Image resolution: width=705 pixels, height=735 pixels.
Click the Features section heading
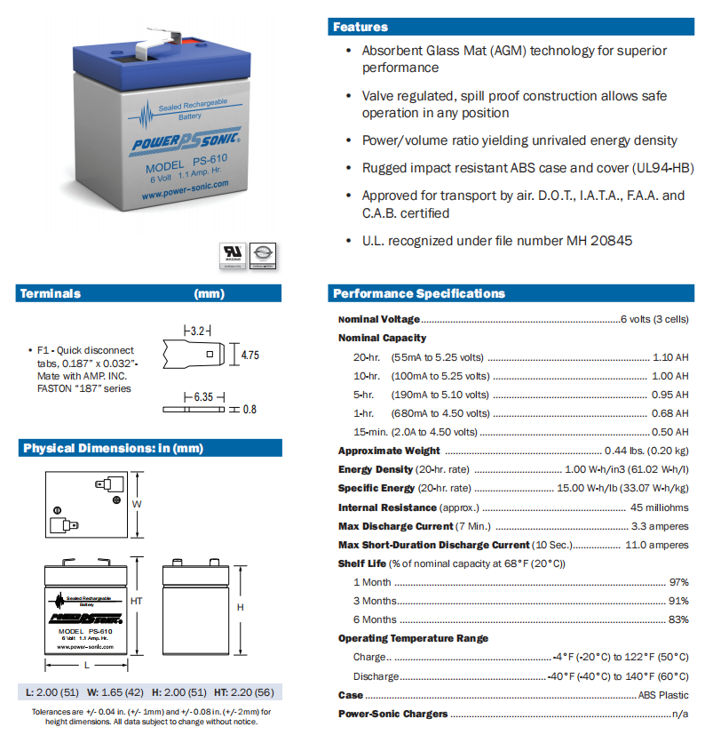point(360,27)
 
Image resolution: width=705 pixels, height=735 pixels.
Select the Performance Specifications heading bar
point(418,293)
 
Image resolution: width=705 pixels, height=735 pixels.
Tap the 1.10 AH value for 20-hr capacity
point(669,356)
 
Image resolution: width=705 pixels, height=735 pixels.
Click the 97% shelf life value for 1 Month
point(678,582)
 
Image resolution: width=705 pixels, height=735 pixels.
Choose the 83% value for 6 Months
point(678,619)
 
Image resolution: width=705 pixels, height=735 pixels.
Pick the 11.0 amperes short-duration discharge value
point(657,545)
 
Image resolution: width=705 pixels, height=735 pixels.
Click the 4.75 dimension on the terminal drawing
point(250,355)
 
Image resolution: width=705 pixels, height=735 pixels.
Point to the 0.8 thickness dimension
point(250,410)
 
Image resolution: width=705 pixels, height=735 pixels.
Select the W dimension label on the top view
point(137,504)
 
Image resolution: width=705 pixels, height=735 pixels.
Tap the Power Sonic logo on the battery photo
point(179,143)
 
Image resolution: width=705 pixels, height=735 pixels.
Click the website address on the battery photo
point(184,184)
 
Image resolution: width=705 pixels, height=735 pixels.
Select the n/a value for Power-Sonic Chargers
point(680,714)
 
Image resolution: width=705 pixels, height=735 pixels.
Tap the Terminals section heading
point(51,293)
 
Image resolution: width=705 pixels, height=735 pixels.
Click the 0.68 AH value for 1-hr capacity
point(669,413)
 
